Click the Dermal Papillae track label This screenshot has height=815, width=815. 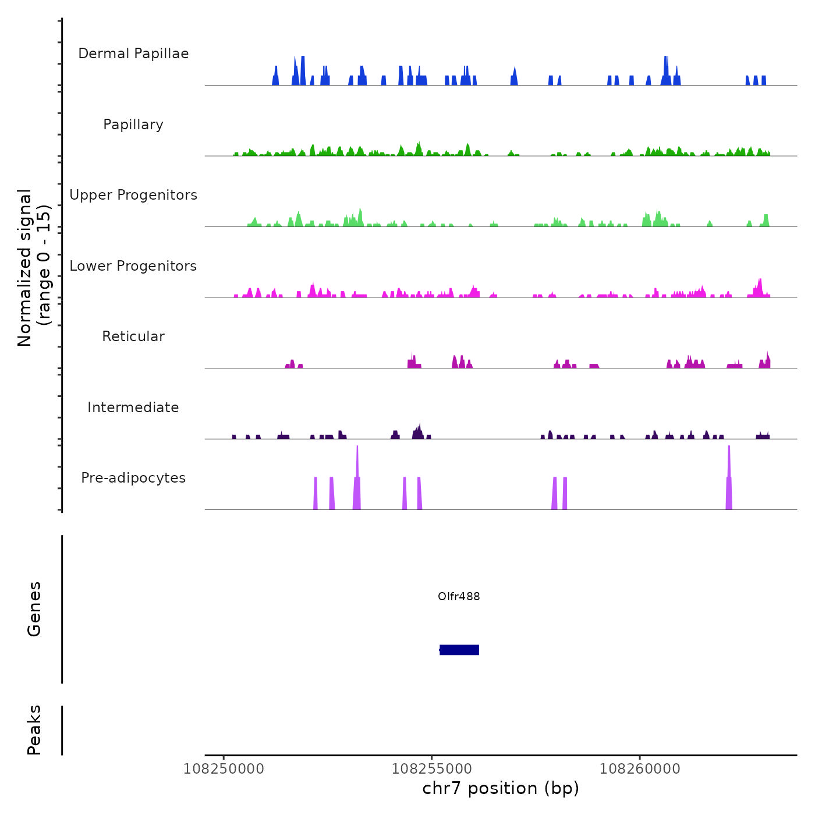click(x=133, y=54)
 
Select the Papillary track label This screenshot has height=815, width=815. click(x=133, y=125)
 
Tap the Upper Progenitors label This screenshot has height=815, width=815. click(x=133, y=195)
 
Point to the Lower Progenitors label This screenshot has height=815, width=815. click(x=133, y=266)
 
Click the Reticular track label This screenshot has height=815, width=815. click(x=133, y=336)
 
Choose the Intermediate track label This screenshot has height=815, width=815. click(x=133, y=408)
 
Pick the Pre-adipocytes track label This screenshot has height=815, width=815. click(x=133, y=478)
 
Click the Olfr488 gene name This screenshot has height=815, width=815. click(x=459, y=596)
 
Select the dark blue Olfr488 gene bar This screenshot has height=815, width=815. click(x=459, y=650)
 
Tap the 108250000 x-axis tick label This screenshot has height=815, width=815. click(x=224, y=769)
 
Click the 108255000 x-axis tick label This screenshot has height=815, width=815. click(x=431, y=769)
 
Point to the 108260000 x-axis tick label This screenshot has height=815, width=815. click(x=640, y=769)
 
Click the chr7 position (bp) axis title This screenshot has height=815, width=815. click(x=501, y=789)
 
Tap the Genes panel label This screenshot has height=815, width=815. click(x=34, y=609)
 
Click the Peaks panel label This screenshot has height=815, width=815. click(x=34, y=730)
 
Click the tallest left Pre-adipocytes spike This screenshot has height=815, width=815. click(x=357, y=483)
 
